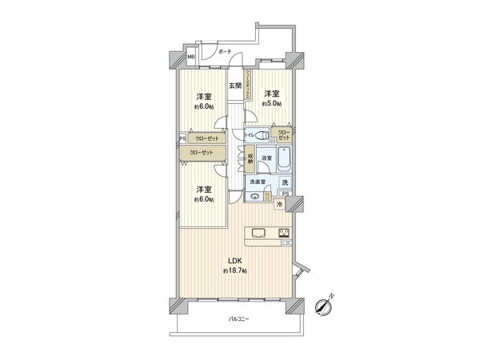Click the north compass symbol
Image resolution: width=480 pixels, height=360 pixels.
point(325,304)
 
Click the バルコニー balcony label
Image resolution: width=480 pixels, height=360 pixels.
point(238,319)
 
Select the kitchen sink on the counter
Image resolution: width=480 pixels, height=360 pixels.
point(259,233)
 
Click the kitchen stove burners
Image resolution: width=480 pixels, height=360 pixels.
point(284,233)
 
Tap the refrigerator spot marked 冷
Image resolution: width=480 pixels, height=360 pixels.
point(279,206)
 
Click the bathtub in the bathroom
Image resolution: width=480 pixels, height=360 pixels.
point(285,156)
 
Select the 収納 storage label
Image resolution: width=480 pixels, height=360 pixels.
point(250,158)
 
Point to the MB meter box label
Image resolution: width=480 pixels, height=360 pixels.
point(192,58)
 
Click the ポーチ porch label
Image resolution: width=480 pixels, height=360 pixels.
point(224,52)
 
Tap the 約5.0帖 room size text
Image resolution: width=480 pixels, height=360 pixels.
point(272,102)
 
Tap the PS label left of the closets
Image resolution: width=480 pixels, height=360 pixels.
point(183,137)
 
